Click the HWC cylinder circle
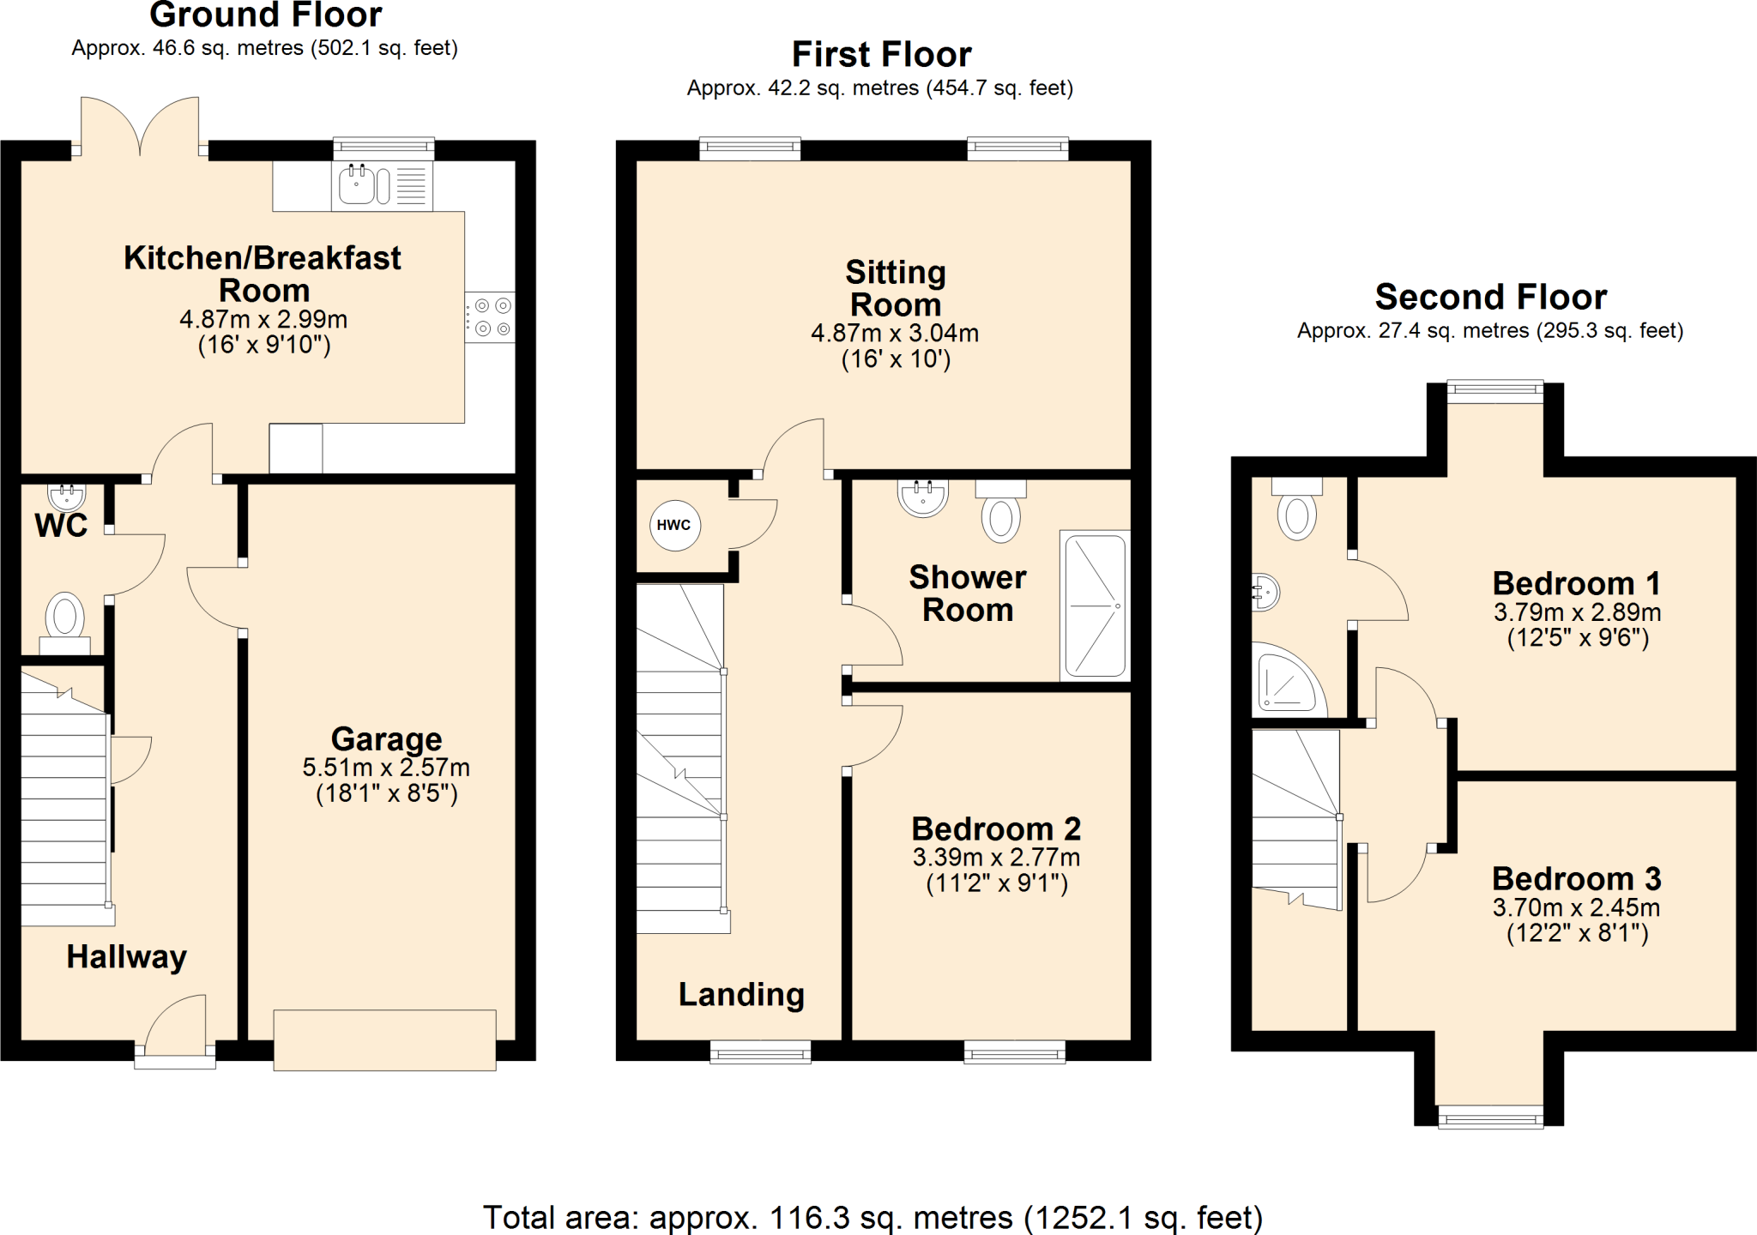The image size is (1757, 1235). [x=674, y=525]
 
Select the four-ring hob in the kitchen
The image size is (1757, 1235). [x=490, y=317]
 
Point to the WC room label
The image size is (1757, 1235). [x=61, y=525]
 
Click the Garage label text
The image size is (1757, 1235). [x=386, y=738]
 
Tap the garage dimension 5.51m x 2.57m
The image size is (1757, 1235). [x=386, y=768]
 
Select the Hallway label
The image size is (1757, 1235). [x=126, y=956]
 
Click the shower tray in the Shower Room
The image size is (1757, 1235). [x=1095, y=605]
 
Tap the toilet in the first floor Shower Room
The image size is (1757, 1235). [x=1000, y=516]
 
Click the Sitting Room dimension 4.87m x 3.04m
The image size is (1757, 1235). [x=895, y=333]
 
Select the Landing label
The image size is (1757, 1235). [x=741, y=994]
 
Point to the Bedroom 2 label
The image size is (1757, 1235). [x=996, y=828]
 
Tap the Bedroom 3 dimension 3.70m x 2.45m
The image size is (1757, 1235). [x=1576, y=907]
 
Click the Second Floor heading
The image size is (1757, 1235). [x=1490, y=297]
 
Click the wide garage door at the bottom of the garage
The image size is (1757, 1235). [x=384, y=1040]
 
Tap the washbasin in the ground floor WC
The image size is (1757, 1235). [x=66, y=496]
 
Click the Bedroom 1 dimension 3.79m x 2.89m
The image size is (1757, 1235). [x=1577, y=612]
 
